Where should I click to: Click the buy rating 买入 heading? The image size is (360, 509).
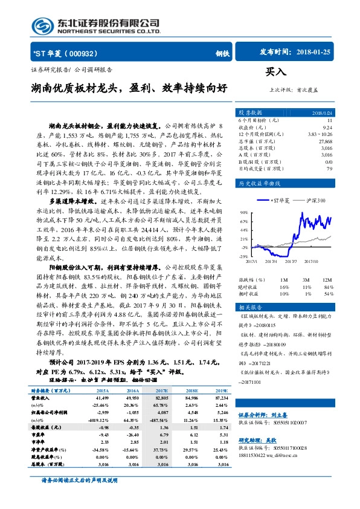[x=277, y=71]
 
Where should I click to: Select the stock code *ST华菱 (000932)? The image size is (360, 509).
[x=60, y=53]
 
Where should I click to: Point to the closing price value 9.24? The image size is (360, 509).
[x=327, y=127]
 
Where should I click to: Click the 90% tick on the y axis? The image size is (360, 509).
[x=243, y=213]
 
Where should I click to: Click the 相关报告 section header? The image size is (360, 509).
[x=248, y=308]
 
